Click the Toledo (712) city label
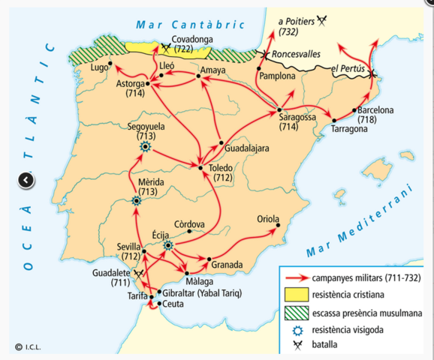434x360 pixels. [x=222, y=173]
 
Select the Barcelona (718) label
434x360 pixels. [x=376, y=115]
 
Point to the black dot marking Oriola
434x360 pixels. [x=277, y=224]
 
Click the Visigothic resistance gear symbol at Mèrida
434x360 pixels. [x=136, y=200]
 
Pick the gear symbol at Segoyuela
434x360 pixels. [x=145, y=148]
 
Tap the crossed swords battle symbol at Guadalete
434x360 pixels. [x=137, y=274]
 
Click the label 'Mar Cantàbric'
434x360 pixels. [x=190, y=25]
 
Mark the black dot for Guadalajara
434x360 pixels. [x=220, y=142]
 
